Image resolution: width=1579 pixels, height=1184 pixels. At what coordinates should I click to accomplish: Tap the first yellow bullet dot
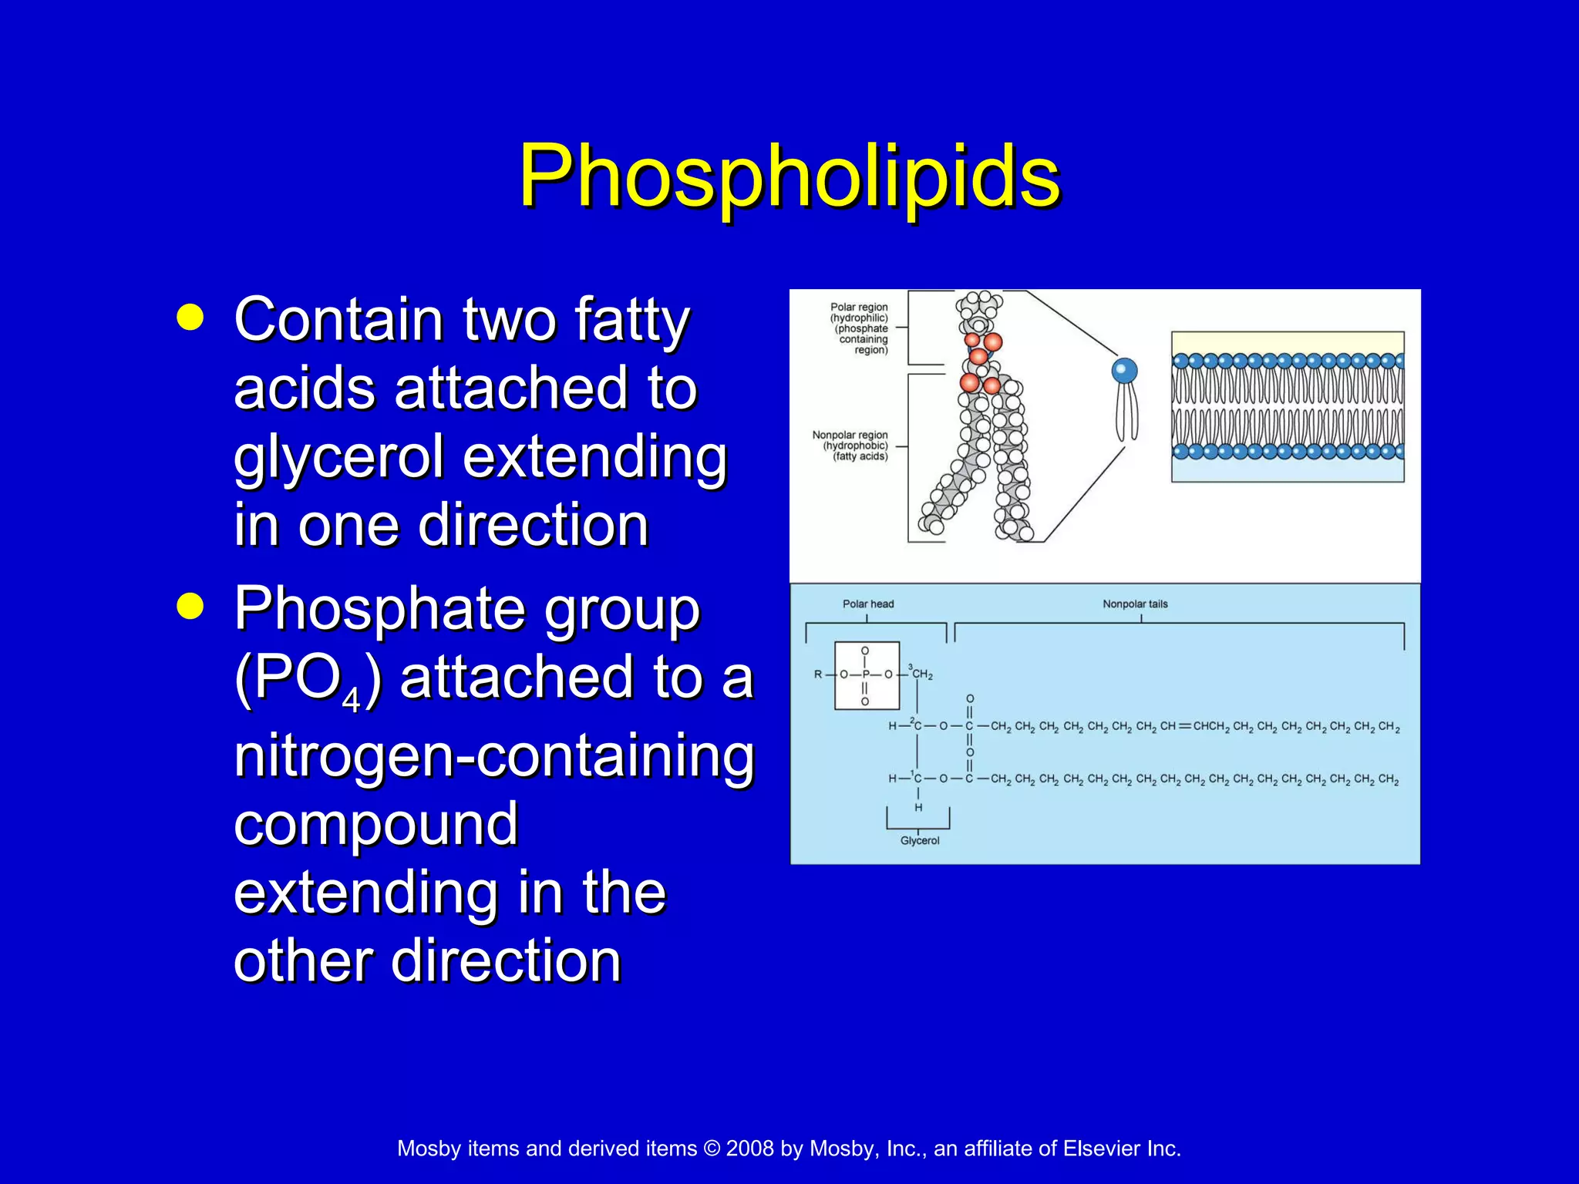point(190,318)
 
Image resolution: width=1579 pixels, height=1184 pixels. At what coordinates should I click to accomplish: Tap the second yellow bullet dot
point(190,606)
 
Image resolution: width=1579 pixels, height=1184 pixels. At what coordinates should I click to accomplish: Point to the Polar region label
point(859,308)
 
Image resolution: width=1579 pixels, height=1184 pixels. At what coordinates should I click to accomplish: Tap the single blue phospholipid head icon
point(1124,372)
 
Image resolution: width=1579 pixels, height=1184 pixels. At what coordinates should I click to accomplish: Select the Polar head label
point(868,604)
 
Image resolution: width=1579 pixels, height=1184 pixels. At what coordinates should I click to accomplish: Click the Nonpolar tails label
point(1135,604)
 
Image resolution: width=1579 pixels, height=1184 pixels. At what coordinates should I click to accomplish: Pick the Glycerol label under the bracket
point(920,841)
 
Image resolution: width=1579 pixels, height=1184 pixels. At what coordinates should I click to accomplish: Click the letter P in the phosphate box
point(866,674)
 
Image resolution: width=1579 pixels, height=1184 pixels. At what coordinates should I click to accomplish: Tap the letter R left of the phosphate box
point(818,674)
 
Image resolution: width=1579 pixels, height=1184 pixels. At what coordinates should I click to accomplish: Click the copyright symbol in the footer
point(712,1149)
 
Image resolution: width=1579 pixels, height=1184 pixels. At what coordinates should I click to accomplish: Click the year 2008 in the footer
point(749,1149)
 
